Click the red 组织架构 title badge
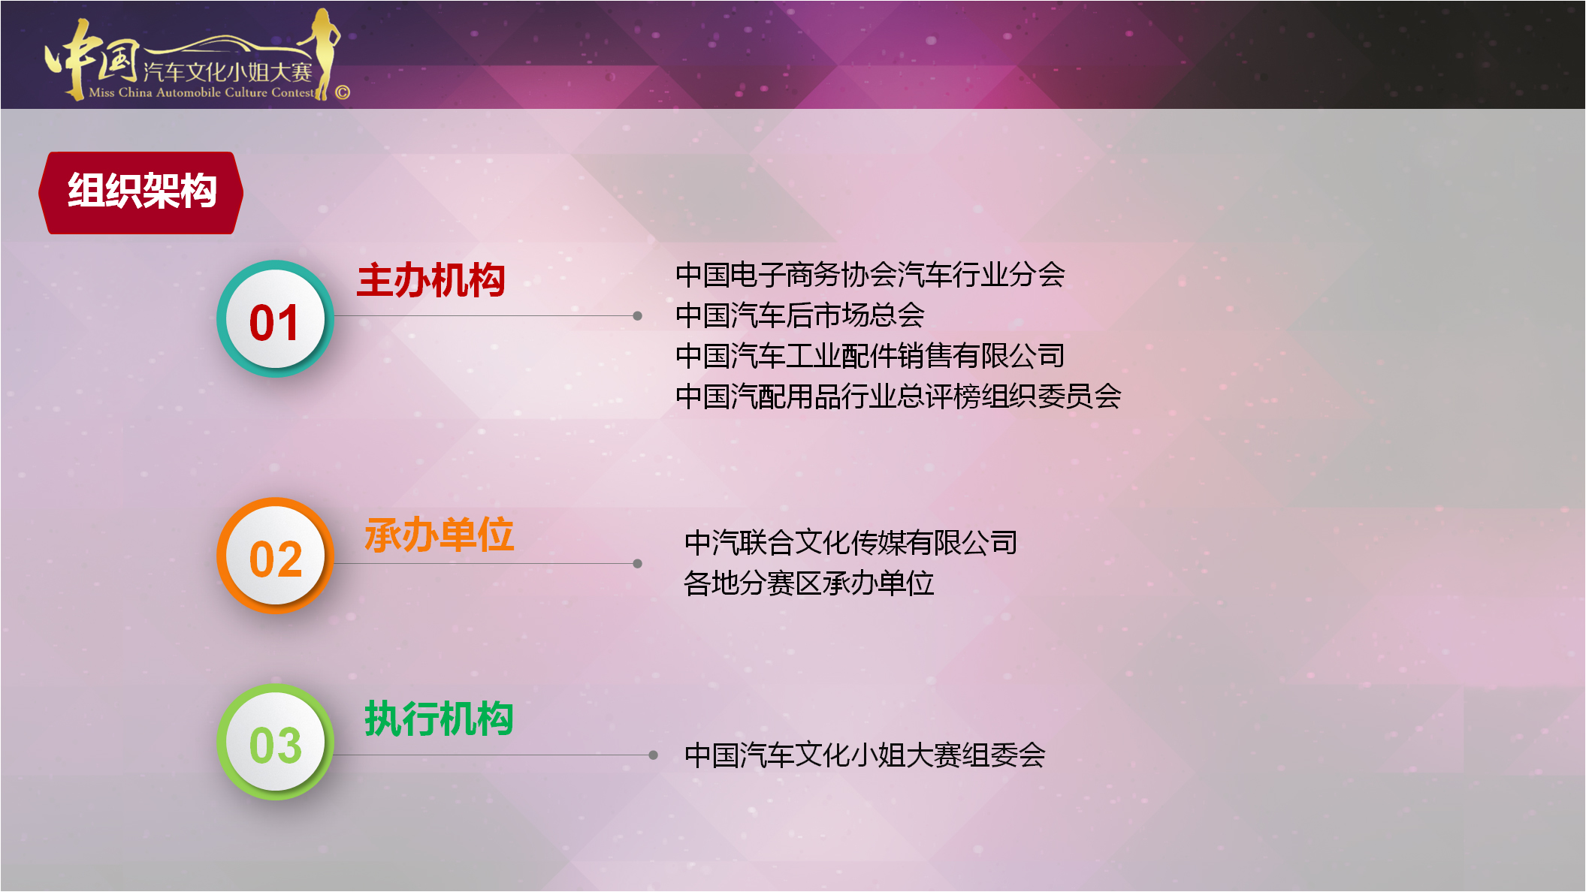coord(141,192)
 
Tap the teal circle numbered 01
coord(275,319)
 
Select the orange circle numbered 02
coord(275,556)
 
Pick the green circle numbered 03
coord(275,742)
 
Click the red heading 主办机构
coord(430,281)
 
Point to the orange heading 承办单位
coord(439,535)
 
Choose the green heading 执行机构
coord(439,719)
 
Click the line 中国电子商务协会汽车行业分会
coord(870,275)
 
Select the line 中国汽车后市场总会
coord(800,315)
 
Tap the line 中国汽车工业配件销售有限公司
coord(870,356)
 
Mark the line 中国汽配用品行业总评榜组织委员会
coord(899,396)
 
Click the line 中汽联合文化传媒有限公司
coord(851,543)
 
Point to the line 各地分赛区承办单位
coord(809,583)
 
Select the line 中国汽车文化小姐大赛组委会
coord(865,755)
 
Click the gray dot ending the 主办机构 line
coord(637,316)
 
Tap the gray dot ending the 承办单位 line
coord(637,563)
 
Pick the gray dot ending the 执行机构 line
coord(653,755)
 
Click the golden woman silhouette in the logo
coord(325,53)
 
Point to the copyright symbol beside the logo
coord(343,92)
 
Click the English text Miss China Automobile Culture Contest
coord(201,92)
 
